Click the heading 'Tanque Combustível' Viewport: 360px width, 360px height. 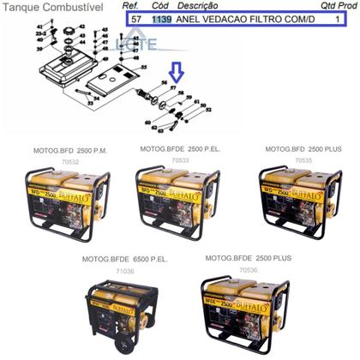[x=41, y=7]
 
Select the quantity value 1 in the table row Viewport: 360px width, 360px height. [x=339, y=18]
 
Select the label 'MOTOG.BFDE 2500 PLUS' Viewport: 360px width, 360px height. [x=249, y=257]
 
